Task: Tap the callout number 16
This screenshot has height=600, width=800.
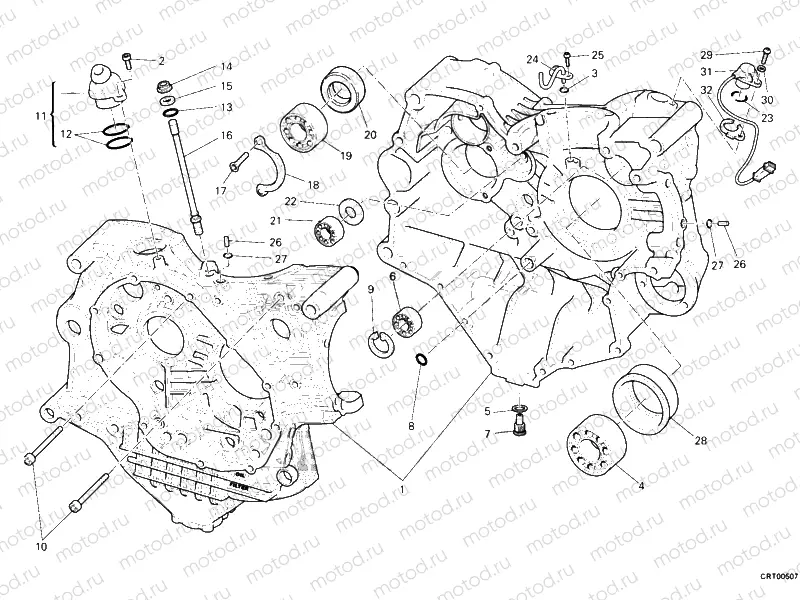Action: click(x=227, y=135)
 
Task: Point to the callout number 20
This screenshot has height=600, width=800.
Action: click(x=370, y=135)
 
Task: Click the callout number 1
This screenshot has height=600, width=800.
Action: click(x=403, y=489)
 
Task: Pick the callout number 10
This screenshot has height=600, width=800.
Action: click(x=41, y=546)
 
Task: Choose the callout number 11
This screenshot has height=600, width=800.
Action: click(x=40, y=116)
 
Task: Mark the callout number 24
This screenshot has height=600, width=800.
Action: click(x=533, y=60)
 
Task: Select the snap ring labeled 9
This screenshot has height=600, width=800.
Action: click(x=379, y=341)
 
